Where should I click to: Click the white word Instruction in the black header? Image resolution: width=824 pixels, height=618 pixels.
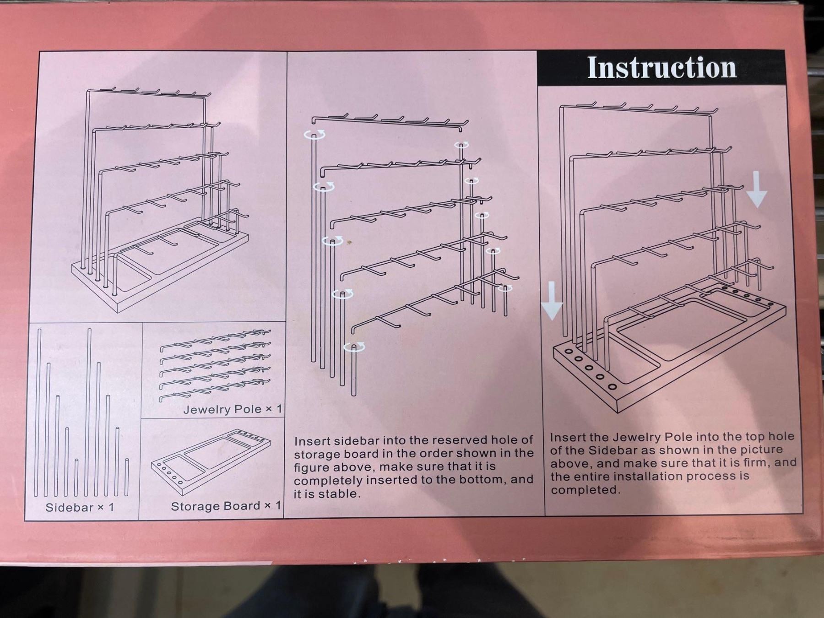(x=662, y=68)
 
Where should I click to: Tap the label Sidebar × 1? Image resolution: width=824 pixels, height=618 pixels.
(x=80, y=507)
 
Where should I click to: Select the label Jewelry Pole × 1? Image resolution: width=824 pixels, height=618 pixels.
(x=233, y=409)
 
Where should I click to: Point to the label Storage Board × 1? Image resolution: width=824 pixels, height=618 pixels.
(x=226, y=506)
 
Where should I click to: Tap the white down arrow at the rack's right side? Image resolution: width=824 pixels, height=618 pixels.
(x=757, y=190)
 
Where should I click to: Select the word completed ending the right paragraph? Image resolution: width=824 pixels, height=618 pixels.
(x=585, y=490)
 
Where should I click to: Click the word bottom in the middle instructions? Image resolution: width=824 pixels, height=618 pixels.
(x=485, y=480)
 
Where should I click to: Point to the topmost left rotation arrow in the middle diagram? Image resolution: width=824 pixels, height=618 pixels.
(x=314, y=134)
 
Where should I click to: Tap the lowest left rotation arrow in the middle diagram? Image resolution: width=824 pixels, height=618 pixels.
(x=354, y=347)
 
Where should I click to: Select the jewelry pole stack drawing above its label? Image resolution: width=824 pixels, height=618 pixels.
(x=215, y=365)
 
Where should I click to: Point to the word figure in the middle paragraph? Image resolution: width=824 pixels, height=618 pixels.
(x=311, y=467)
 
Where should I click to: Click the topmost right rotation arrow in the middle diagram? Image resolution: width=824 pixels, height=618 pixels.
(x=461, y=145)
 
